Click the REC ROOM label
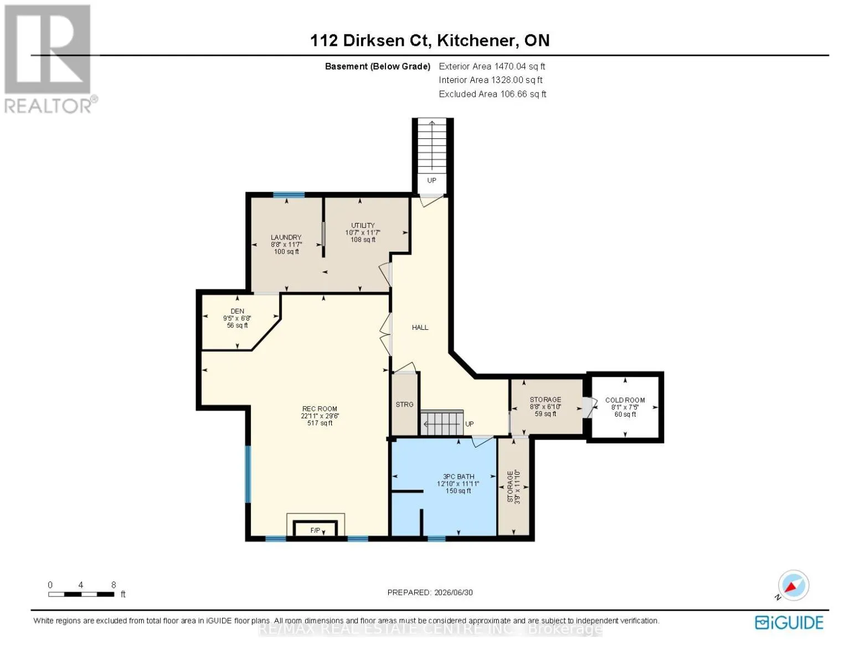[320, 408]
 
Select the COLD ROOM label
[625, 400]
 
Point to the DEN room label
[238, 311]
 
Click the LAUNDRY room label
[286, 237]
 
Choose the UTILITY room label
[363, 225]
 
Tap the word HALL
[420, 327]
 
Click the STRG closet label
[404, 404]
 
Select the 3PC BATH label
[459, 476]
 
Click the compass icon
[793, 585]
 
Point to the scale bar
[81, 594]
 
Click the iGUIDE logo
[789, 622]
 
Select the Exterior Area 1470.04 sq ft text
[492, 66]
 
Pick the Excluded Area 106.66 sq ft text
[492, 94]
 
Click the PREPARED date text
[430, 592]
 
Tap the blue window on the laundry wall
[289, 195]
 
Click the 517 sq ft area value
[320, 423]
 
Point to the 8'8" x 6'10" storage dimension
[545, 407]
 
